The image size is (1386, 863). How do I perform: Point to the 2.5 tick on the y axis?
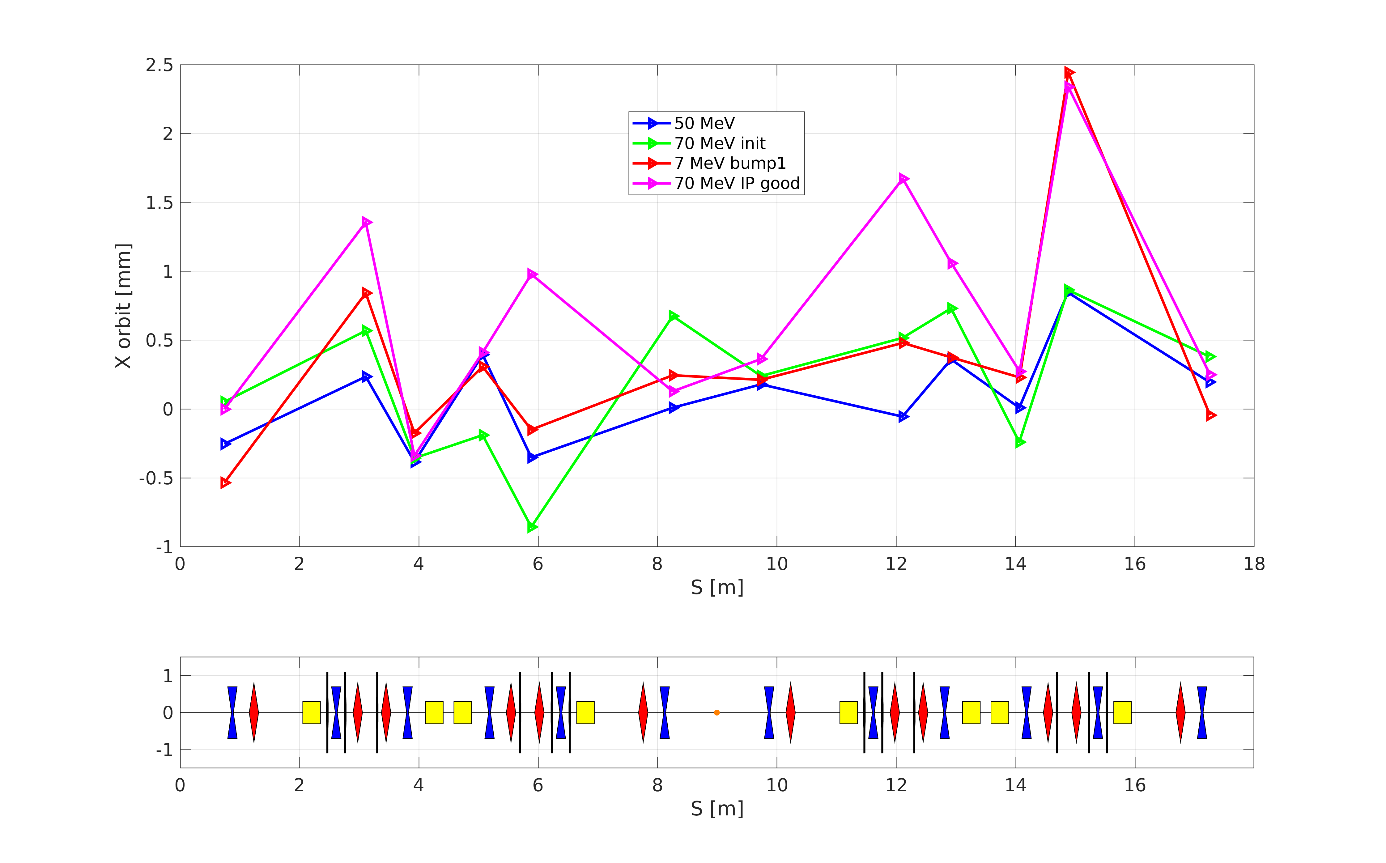[159, 65]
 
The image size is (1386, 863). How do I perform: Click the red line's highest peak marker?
[1069, 73]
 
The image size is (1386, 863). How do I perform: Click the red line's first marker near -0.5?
[225, 483]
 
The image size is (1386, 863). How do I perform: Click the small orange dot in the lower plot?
[717, 712]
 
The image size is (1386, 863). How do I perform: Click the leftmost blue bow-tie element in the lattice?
[232, 712]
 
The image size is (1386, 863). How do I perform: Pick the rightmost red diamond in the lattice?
[1180, 712]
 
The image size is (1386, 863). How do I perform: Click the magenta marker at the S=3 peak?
[366, 222]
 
